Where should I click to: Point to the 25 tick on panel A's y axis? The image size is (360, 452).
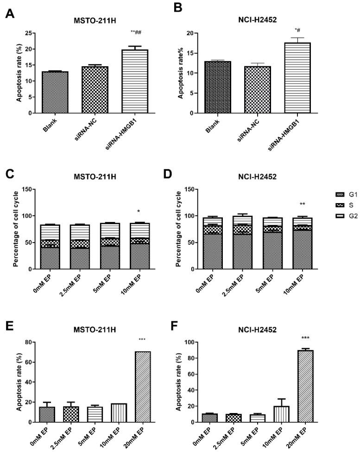coord(28,33)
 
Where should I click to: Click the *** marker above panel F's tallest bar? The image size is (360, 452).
coord(319,339)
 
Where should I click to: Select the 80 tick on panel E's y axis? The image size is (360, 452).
coord(31,342)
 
